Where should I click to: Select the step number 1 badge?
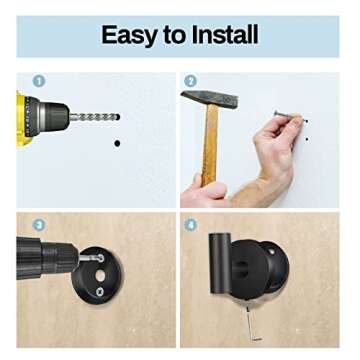pos(39,81)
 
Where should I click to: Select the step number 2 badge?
pos(190,81)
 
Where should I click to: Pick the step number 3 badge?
pos(39,225)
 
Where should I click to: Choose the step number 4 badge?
pos(190,225)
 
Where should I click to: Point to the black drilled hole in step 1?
pos(117,143)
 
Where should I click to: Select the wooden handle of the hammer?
pos(210,145)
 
